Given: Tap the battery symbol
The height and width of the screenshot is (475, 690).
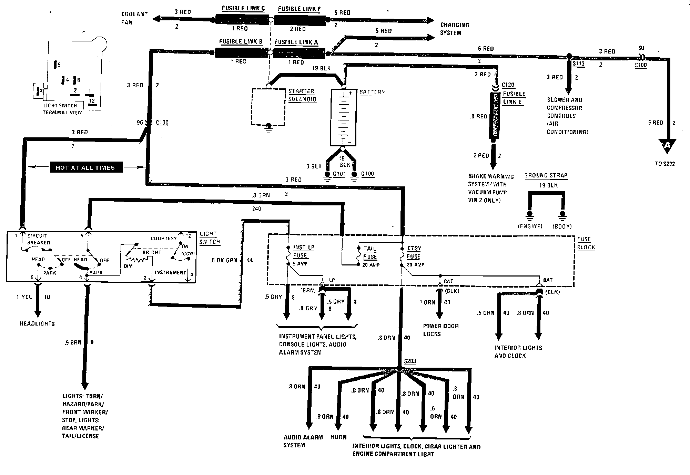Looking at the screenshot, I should pyautogui.click(x=343, y=117).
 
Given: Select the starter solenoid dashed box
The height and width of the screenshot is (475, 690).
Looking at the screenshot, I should pyautogui.click(x=268, y=107).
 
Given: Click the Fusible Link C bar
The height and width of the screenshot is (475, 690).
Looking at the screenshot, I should pyautogui.click(x=242, y=19).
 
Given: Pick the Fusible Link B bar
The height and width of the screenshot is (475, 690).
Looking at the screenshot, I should pyautogui.click(x=241, y=53).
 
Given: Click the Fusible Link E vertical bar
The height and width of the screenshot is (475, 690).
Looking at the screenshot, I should pyautogui.click(x=495, y=116).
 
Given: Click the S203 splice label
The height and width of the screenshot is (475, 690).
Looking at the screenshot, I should pyautogui.click(x=410, y=361).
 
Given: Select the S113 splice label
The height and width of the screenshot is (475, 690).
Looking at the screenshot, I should pyautogui.click(x=578, y=64).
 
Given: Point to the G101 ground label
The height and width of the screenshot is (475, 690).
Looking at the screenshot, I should pyautogui.click(x=339, y=174).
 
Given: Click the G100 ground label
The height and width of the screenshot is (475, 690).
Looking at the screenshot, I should pyautogui.click(x=367, y=174).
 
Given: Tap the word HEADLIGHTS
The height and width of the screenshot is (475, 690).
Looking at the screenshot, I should pyautogui.click(x=37, y=323).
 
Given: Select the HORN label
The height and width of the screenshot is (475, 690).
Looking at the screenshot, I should pyautogui.click(x=338, y=437).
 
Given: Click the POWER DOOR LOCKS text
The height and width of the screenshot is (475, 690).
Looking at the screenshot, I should pyautogui.click(x=440, y=330).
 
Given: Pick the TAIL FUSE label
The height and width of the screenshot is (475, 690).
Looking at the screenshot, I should pyautogui.click(x=370, y=253).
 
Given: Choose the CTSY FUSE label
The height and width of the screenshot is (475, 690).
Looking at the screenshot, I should pyautogui.click(x=414, y=252).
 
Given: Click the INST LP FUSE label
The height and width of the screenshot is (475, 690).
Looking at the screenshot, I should pyautogui.click(x=303, y=251).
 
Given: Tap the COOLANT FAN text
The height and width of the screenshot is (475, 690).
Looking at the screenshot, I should pyautogui.click(x=134, y=18).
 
